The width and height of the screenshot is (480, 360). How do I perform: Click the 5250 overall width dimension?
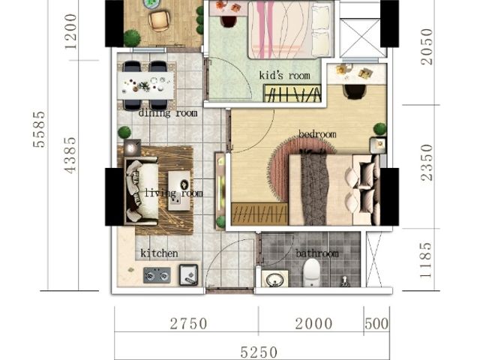(x=259, y=352)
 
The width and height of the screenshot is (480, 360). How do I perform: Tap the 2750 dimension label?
(x=189, y=324)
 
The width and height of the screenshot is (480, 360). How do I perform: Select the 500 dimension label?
(x=376, y=324)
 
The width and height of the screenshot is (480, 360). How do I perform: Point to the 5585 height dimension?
(x=40, y=130)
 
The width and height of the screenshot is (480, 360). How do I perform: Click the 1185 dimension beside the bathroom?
(x=426, y=260)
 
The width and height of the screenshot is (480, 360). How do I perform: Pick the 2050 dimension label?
(x=427, y=46)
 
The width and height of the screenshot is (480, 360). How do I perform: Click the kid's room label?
(x=285, y=75)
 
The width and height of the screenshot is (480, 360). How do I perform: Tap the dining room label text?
(x=168, y=113)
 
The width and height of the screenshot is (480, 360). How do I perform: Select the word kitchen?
(x=159, y=253)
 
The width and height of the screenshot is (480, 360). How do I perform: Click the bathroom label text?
(x=317, y=253)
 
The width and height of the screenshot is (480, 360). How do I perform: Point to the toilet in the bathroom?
(x=312, y=272)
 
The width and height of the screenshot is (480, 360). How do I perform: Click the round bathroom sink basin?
(x=274, y=280)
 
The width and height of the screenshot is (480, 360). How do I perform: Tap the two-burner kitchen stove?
(x=157, y=275)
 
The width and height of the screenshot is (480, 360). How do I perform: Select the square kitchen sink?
(x=188, y=274)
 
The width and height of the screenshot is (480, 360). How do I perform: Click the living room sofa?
(x=142, y=190)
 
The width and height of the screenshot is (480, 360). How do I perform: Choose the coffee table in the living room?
(x=179, y=190)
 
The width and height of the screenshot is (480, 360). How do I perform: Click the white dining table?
(x=145, y=85)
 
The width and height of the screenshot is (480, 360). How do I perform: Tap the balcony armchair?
(x=159, y=21)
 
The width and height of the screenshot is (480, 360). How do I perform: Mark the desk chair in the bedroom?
(x=355, y=91)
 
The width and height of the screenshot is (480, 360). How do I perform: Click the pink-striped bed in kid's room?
(x=290, y=30)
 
